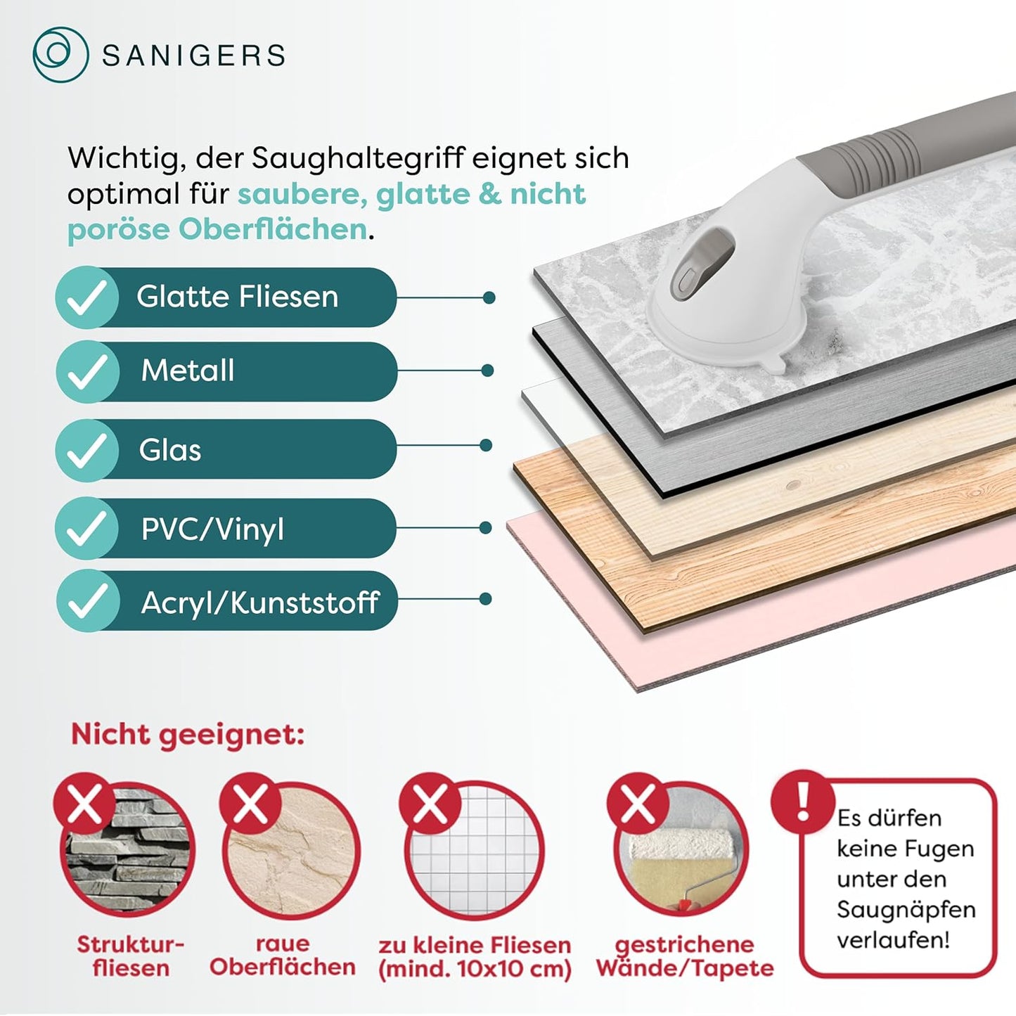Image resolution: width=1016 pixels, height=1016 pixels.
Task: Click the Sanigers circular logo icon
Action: pos(60,55)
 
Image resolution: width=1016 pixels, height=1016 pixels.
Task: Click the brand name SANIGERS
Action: pos(193,56)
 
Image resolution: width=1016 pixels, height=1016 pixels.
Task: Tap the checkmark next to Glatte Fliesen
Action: pos(87,297)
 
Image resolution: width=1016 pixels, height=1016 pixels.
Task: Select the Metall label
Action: pos(188,370)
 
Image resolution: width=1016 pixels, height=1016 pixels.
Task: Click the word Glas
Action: pos(169,450)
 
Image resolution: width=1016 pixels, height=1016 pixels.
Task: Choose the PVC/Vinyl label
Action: pos(212,528)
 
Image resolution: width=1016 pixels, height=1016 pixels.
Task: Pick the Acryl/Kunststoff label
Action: pos(260,602)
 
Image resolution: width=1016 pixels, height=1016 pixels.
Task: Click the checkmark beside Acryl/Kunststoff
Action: pos(87,601)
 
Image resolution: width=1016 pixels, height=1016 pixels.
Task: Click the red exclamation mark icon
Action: pos(803,802)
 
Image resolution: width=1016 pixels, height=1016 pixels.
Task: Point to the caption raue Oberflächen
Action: pos(283,956)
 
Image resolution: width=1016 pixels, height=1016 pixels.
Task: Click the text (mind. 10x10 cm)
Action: pos(475,969)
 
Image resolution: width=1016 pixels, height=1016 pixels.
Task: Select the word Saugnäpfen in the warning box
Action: pos(906,911)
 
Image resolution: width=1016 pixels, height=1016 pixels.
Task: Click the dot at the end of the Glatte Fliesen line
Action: pos(489,298)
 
